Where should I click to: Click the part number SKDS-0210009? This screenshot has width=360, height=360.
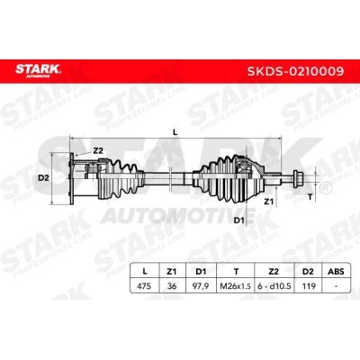pos(295,71)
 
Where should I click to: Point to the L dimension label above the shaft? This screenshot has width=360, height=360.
pos(175,132)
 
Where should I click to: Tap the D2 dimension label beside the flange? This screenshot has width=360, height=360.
pos(43,178)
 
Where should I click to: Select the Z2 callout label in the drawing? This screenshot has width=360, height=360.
pos(98,151)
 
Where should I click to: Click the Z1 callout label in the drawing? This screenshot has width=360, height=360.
pos(268,202)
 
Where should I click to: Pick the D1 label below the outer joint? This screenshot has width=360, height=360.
pos(238,220)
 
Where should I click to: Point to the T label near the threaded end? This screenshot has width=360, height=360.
pos(310,197)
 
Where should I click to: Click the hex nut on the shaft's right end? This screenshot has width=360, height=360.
pos(298,176)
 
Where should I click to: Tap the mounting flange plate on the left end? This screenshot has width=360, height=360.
pos(72,179)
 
